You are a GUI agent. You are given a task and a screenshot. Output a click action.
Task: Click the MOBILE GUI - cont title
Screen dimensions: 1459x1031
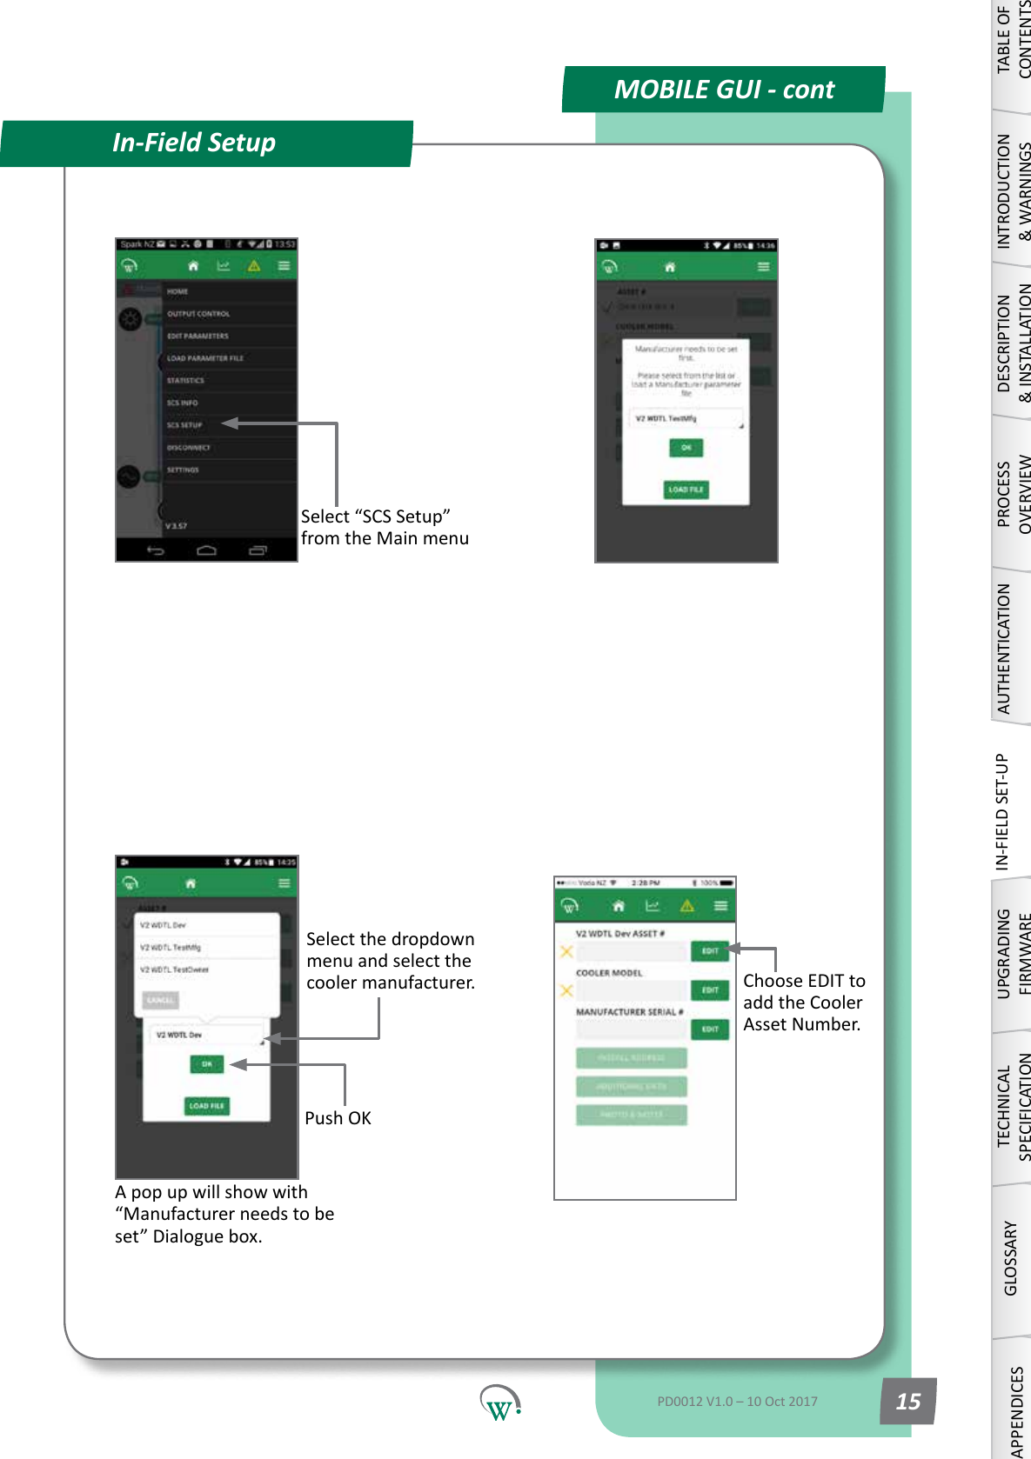click(x=723, y=90)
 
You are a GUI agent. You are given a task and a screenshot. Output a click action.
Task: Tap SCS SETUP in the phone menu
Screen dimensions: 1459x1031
click(x=184, y=425)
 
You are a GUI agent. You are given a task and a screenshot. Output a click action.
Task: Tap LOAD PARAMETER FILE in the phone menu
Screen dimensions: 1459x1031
click(x=205, y=358)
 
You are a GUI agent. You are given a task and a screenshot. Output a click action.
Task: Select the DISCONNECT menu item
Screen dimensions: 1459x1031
click(x=189, y=448)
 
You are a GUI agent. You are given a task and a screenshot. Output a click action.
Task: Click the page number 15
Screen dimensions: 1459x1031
click(x=907, y=1401)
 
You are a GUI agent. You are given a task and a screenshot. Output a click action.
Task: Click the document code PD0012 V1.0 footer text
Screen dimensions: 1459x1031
click(x=737, y=1401)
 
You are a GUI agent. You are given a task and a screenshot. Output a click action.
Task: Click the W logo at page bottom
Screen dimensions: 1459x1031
click(x=499, y=1402)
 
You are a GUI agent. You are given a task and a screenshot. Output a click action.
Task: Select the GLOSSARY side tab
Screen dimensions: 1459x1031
click(x=1010, y=1257)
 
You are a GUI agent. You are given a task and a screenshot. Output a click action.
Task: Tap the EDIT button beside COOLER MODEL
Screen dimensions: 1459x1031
click(x=710, y=990)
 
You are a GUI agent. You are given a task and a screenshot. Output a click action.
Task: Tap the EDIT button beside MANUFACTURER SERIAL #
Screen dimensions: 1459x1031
click(x=710, y=1029)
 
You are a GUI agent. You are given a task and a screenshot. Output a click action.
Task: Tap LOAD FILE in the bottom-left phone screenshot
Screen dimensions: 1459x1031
click(x=206, y=1106)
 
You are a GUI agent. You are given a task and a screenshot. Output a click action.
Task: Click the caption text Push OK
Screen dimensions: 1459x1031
click(x=338, y=1118)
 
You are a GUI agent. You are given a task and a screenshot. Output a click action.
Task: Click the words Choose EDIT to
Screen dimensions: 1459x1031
click(x=804, y=981)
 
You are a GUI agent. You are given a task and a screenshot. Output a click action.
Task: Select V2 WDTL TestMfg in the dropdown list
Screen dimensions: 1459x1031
click(x=171, y=948)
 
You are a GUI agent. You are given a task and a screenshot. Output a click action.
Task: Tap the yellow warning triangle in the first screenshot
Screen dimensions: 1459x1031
click(x=254, y=266)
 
